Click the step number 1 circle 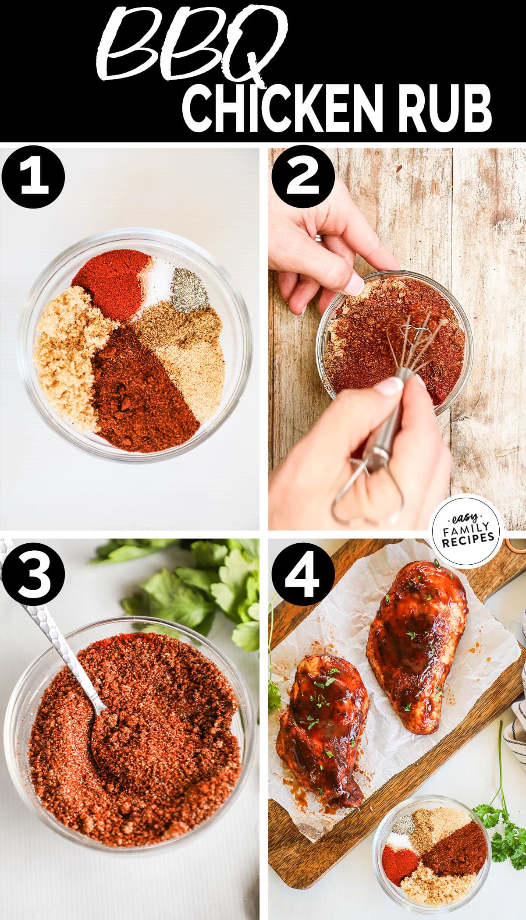pos(33,177)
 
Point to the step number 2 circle pos(302,177)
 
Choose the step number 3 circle pos(33,574)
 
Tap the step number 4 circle pos(302,574)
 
